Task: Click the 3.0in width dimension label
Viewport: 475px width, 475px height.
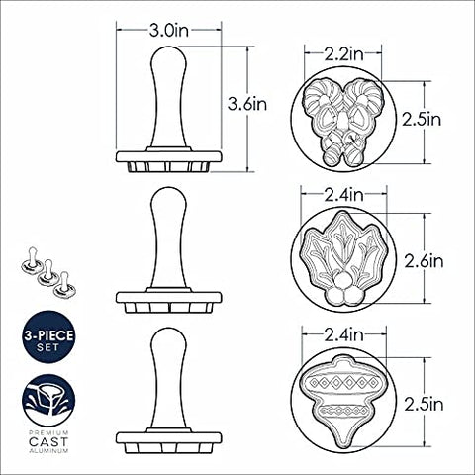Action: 169,31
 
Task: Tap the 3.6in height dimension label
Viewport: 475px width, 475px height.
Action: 247,104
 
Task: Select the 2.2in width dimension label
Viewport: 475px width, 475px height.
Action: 343,54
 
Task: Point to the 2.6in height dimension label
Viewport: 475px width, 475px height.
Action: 424,261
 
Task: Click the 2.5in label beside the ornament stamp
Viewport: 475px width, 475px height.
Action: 424,405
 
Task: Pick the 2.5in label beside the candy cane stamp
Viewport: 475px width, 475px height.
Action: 422,120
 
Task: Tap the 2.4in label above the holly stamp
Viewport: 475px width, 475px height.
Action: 343,195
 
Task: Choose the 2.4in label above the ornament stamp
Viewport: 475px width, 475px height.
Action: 343,335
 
